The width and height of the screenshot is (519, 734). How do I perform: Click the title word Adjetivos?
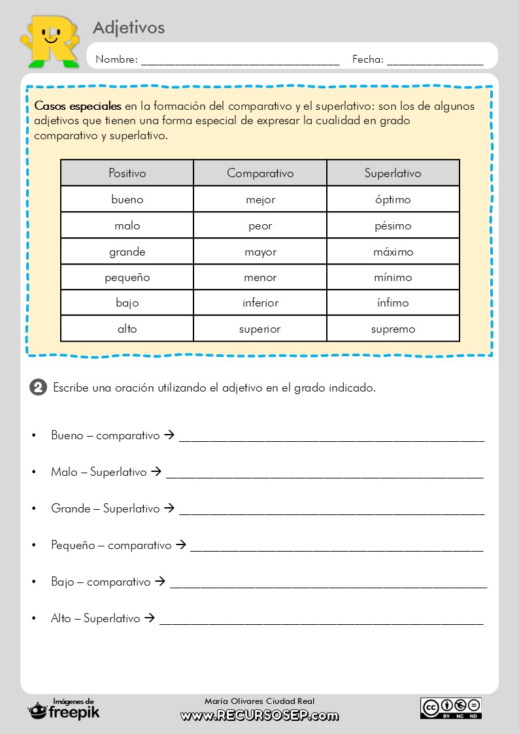tap(129, 27)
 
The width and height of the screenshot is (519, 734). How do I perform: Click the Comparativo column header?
tap(260, 173)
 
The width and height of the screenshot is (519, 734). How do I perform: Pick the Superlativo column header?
tap(393, 173)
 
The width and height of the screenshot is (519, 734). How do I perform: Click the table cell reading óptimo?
tap(393, 199)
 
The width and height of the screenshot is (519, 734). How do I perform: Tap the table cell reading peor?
tap(260, 225)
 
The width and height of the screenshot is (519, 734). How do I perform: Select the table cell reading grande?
tap(127, 252)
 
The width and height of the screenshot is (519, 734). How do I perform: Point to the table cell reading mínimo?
tap(393, 277)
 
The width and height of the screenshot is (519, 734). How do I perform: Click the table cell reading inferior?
tap(260, 303)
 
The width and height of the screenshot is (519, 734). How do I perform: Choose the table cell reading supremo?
tap(393, 329)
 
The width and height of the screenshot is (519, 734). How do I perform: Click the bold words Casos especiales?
tap(78, 106)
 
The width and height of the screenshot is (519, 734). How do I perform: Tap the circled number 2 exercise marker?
tap(39, 388)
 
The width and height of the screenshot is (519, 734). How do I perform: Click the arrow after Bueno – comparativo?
tap(169, 435)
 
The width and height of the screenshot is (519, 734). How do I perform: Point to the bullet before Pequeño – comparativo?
tap(33, 546)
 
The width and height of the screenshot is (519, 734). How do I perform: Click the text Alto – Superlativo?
tap(95, 618)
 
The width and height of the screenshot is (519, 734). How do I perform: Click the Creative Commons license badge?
tap(451, 708)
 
